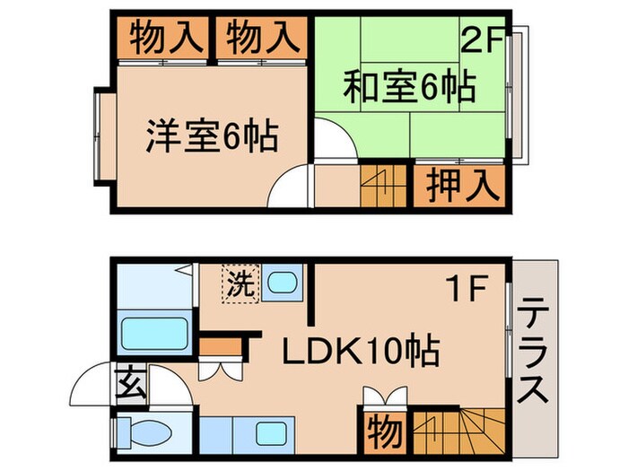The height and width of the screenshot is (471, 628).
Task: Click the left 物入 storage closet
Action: point(161,38)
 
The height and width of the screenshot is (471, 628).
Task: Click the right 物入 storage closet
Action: point(258,38)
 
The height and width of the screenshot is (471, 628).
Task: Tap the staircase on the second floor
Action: point(385,186)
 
